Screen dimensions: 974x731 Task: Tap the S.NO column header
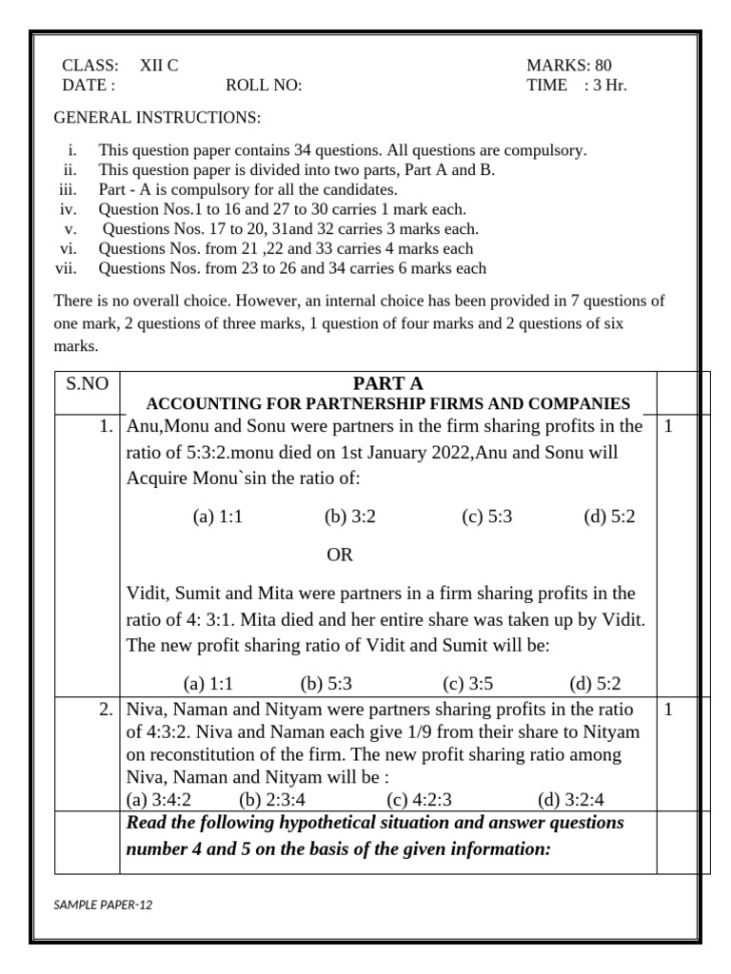pos(88,384)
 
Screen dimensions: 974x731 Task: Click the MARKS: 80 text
pos(569,66)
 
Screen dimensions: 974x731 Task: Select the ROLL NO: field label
pos(264,86)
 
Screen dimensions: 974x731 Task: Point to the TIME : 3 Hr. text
pos(576,86)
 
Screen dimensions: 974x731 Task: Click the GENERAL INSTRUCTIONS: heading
pos(157,118)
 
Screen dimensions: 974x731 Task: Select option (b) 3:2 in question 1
pos(350,516)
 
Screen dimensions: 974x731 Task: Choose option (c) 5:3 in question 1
pos(487,516)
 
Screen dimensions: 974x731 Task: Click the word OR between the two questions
pos(340,555)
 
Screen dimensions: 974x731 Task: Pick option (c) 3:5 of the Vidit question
pos(468,684)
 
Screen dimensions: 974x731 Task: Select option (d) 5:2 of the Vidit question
pos(595,684)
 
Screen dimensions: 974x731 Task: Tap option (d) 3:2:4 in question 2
pos(571,800)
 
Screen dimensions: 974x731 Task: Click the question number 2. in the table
pos(108,710)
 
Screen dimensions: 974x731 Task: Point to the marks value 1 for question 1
pos(668,427)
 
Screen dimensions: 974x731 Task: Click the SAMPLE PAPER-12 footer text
pos(103,905)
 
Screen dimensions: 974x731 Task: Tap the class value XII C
pos(159,66)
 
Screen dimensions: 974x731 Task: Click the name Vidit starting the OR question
pos(147,594)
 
